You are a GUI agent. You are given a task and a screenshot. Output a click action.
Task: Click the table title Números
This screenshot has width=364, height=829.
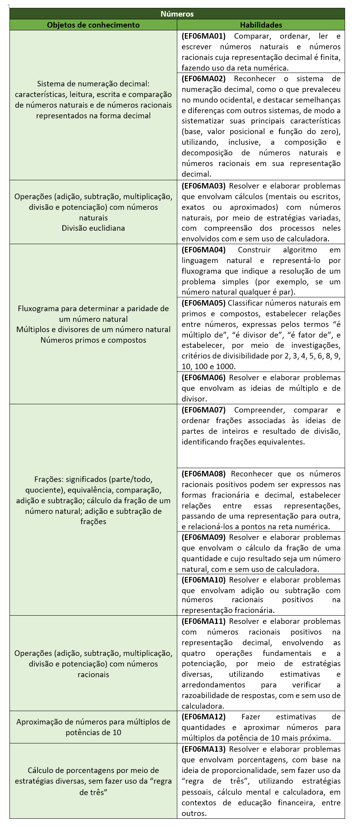tap(177, 14)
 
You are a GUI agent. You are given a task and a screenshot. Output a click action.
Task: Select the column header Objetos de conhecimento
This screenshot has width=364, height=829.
tap(93, 25)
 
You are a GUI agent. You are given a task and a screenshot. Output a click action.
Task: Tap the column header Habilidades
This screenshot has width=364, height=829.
tap(261, 25)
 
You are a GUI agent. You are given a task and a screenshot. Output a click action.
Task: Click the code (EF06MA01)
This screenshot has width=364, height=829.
tap(203, 36)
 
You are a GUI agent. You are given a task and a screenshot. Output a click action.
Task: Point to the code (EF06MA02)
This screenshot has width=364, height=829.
tap(203, 78)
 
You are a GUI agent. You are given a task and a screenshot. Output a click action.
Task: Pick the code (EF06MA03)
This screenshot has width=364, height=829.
tap(203, 186)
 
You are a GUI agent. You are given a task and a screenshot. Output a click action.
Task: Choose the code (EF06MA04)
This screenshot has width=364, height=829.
tap(203, 250)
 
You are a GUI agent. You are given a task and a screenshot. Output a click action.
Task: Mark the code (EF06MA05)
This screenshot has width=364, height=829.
tap(203, 303)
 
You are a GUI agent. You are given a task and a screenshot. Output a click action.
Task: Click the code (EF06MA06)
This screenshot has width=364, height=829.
tap(203, 377)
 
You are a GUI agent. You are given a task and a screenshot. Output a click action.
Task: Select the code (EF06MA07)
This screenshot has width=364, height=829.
tap(203, 410)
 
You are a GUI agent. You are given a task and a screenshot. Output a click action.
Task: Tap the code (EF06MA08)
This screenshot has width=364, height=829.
tap(203, 474)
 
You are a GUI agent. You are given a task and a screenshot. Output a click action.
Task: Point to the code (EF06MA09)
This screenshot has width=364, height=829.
tap(203, 537)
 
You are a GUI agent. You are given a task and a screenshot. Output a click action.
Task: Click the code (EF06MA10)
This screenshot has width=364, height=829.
tap(203, 580)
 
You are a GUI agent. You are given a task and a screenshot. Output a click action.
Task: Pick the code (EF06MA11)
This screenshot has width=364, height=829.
tap(203, 621)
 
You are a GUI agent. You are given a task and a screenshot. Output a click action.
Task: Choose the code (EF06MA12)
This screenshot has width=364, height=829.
tap(203, 717)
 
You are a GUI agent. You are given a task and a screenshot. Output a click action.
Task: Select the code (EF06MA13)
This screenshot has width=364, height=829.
tap(203, 749)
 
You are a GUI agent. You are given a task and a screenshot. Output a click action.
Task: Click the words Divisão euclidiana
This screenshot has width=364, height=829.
tap(93, 228)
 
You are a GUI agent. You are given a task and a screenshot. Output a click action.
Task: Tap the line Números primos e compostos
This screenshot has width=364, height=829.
tap(93, 340)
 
